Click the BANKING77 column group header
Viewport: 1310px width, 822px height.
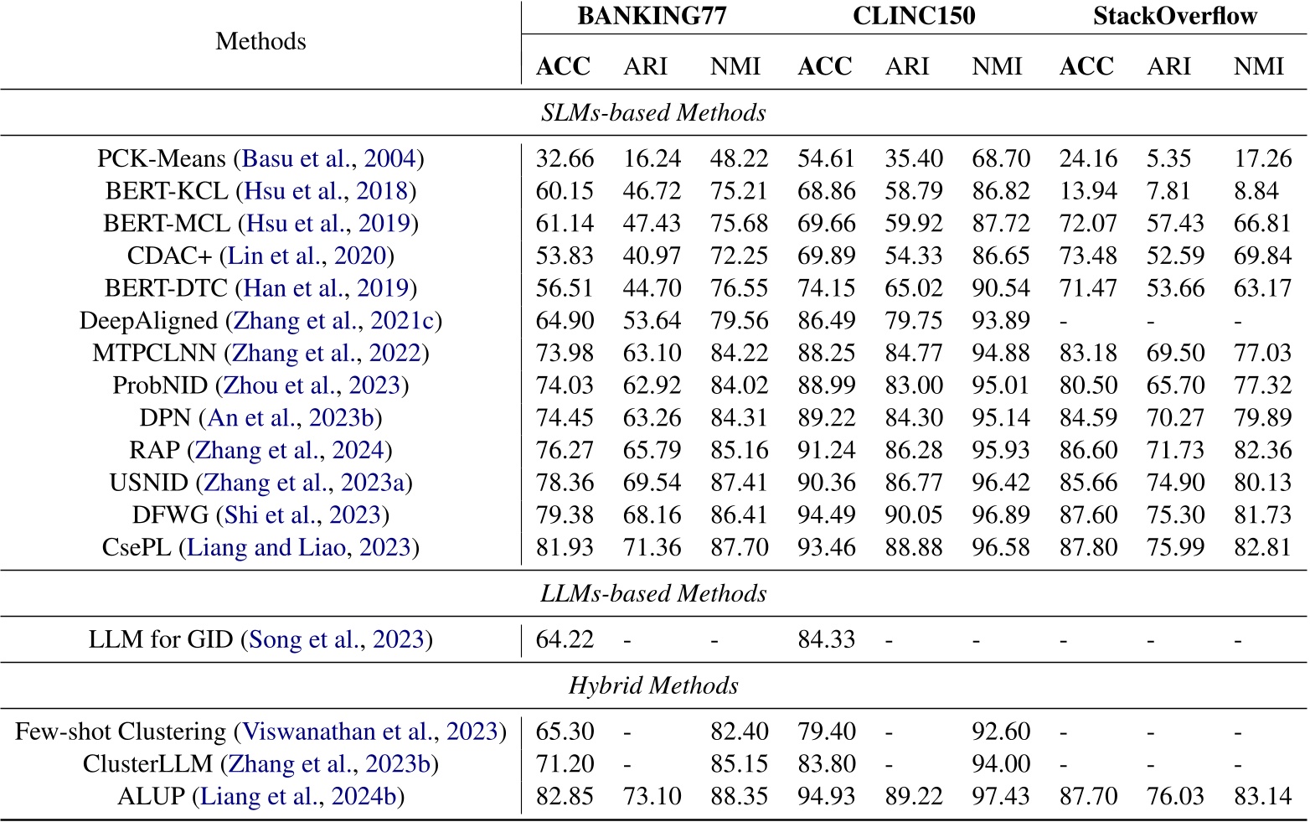tap(651, 17)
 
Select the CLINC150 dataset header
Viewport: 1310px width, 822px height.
tap(913, 17)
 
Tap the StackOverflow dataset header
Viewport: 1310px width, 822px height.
tap(1174, 17)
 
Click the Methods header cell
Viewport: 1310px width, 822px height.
tap(260, 41)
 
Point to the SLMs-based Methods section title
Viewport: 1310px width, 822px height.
tap(653, 113)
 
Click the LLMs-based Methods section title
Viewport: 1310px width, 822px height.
tap(653, 594)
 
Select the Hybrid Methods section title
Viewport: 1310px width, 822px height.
tap(653, 686)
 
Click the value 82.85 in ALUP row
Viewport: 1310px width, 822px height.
tap(565, 796)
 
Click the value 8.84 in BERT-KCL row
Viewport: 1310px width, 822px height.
tap(1256, 191)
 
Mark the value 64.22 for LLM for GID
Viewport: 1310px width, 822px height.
tap(565, 640)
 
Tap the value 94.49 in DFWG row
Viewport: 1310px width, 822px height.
tap(826, 515)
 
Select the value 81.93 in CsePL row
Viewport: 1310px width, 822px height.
tap(565, 548)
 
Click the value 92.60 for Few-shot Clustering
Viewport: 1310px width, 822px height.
tap(1000, 732)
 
